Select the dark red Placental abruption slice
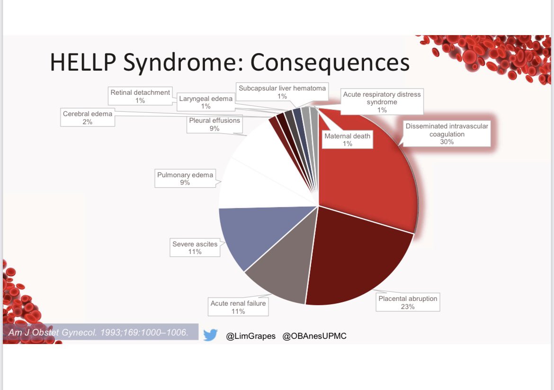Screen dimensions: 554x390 click(x=357, y=258)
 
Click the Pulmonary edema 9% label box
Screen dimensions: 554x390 click(x=185, y=178)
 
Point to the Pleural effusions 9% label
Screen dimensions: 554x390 click(x=214, y=124)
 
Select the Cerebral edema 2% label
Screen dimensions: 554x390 click(x=88, y=118)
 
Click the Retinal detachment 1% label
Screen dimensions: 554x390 click(x=140, y=96)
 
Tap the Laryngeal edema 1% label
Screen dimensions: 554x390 click(x=206, y=102)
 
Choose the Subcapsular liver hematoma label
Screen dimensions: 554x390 click(x=282, y=92)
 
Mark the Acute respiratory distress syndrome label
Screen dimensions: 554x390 click(x=382, y=102)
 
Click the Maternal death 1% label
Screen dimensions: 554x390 click(x=347, y=139)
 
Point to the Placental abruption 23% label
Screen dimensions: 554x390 click(x=408, y=302)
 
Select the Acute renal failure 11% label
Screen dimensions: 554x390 click(x=238, y=307)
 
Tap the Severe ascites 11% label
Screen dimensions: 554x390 click(x=195, y=247)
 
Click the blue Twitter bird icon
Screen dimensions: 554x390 click(x=210, y=335)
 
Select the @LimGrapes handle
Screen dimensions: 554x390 click(x=250, y=336)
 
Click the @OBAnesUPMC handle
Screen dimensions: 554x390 click(x=314, y=336)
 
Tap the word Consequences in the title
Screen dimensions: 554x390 click(x=330, y=62)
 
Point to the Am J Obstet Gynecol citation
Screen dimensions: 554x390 click(x=98, y=332)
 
